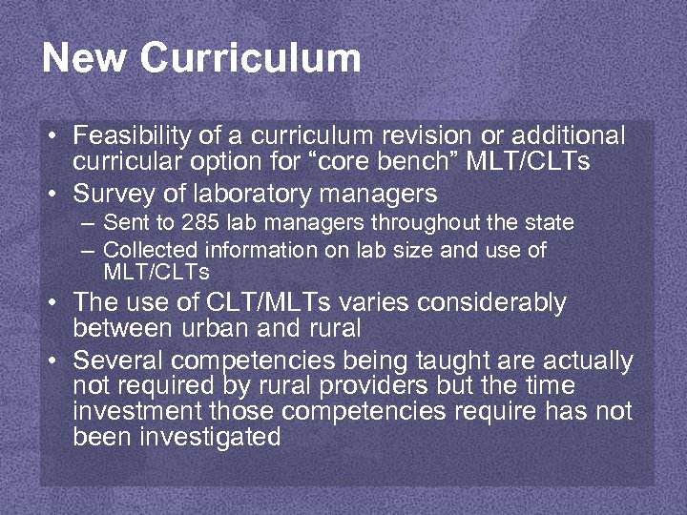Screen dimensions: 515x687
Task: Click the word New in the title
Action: coord(84,58)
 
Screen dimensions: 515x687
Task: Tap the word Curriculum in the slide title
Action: coord(250,58)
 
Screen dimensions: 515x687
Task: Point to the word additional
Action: coord(569,135)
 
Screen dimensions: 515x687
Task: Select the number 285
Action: coord(196,223)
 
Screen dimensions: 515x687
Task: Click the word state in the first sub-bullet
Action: coord(551,223)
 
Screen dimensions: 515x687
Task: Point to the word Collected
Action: coord(146,250)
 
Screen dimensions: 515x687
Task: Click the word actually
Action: coord(587,361)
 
